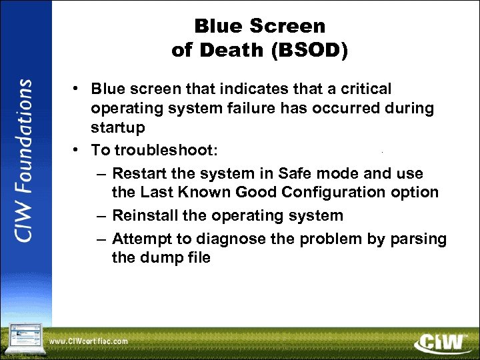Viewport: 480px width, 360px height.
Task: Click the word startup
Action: [x=117, y=127]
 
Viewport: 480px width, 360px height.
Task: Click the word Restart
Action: [x=139, y=174]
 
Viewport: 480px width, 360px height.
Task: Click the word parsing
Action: [x=418, y=239]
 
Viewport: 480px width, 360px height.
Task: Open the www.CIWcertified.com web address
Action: [x=89, y=342]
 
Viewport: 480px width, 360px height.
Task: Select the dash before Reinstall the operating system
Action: [x=100, y=215]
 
